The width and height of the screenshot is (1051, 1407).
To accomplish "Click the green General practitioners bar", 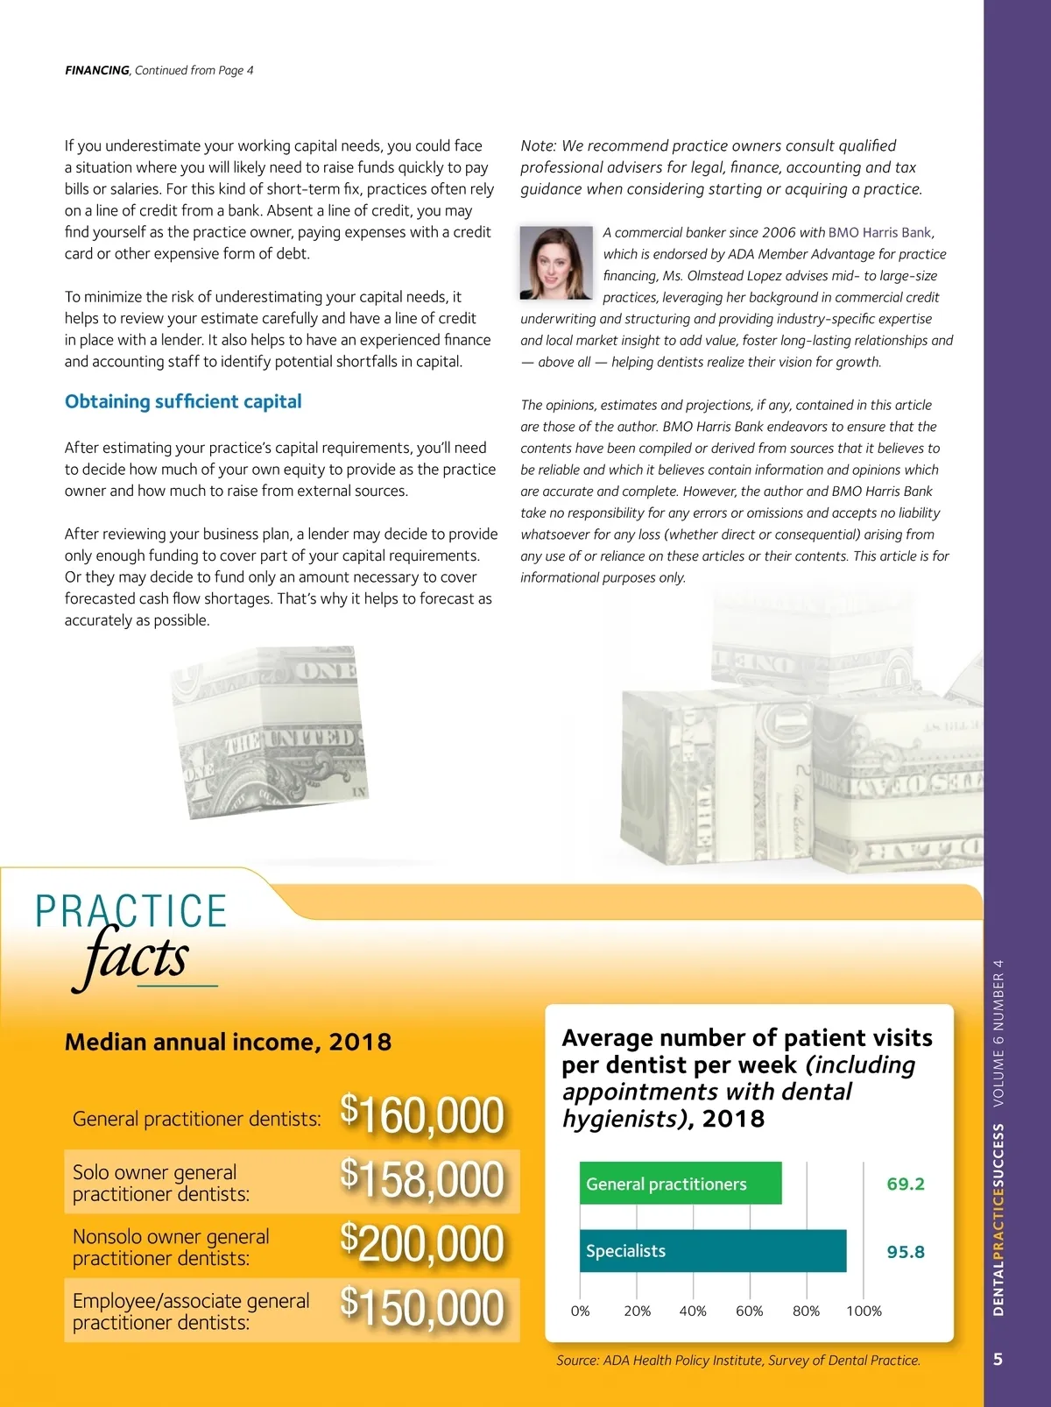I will click(x=681, y=1183).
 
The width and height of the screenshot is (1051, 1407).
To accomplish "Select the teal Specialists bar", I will click(x=713, y=1251).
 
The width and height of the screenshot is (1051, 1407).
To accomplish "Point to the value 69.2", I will click(x=906, y=1184).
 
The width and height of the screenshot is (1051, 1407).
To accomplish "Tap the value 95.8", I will click(x=906, y=1252).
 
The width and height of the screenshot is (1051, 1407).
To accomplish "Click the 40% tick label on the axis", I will click(x=693, y=1311).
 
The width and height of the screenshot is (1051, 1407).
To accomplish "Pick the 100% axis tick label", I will click(x=864, y=1311).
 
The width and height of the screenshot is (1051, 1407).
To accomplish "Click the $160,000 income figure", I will click(x=422, y=1114).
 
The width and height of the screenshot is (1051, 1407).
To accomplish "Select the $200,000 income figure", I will click(x=422, y=1243).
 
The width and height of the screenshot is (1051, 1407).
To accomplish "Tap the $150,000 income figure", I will click(x=422, y=1307).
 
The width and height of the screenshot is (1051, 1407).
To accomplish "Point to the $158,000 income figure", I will click(x=422, y=1179).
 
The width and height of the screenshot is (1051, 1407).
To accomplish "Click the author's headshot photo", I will click(x=556, y=263).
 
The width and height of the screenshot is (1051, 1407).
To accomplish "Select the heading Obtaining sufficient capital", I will click(x=183, y=401).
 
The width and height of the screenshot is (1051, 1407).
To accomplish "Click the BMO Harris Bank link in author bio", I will click(x=879, y=232).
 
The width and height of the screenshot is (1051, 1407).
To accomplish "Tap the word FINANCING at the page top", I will click(x=97, y=70).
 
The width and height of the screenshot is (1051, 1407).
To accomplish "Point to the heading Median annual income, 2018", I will click(x=228, y=1042).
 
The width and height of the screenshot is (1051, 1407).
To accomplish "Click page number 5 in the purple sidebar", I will click(x=998, y=1359).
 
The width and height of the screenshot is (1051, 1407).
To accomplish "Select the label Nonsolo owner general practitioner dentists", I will click(x=171, y=1247).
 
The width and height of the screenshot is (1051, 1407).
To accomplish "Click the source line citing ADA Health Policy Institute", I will click(x=738, y=1360).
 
